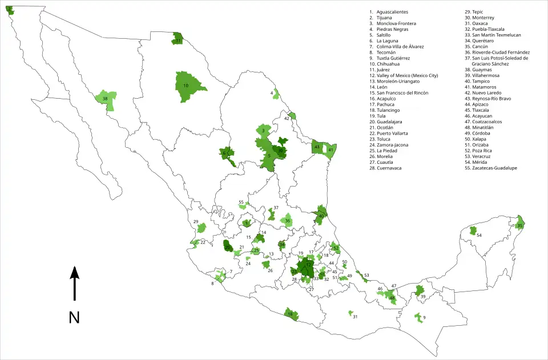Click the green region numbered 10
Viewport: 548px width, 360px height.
(188, 87)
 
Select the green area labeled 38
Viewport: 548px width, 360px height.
(107, 99)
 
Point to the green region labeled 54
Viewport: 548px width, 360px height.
(473, 231)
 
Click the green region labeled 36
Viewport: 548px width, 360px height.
(287, 220)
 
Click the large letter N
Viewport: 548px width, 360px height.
(74, 317)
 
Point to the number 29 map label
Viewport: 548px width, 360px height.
(196, 222)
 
